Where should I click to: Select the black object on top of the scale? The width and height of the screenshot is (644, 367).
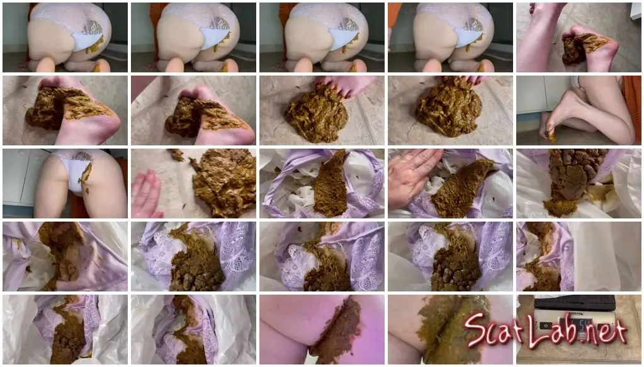pyautogui.click(x=575, y=303)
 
